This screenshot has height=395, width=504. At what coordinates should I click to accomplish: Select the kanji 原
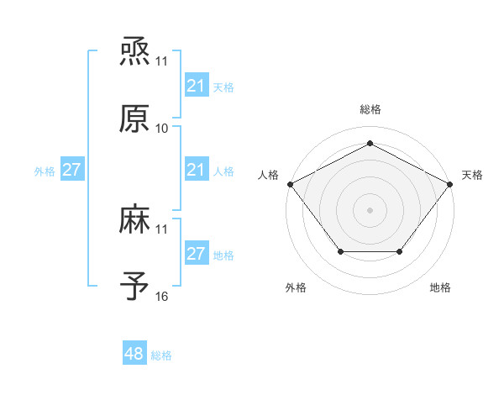coord(134,119)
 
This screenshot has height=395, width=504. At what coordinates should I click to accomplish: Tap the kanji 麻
coord(134,221)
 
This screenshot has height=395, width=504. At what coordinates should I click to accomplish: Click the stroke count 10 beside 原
coord(162,129)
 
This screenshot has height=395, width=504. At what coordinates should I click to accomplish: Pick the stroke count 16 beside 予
coord(162,297)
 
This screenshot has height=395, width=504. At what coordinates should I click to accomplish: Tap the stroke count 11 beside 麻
coord(162,229)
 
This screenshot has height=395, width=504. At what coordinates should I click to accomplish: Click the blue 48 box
coord(134,354)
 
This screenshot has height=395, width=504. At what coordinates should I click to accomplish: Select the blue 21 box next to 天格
coord(196,86)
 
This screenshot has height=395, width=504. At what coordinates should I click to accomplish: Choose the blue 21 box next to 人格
coord(196,170)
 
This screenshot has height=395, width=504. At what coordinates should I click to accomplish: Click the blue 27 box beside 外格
coord(71,170)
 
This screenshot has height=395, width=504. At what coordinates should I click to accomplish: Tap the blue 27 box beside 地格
coord(196,254)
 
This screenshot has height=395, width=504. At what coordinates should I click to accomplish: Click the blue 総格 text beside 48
coord(161,355)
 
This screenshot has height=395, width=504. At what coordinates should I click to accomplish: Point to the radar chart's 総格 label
coord(370,110)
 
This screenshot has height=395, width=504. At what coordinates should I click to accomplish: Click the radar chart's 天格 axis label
coord(472,175)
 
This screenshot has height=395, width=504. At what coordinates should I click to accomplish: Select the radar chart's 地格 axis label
coord(440,287)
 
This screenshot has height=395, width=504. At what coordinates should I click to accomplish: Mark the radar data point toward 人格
coord(290,183)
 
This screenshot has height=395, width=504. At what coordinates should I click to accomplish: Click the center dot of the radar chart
coord(370,209)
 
